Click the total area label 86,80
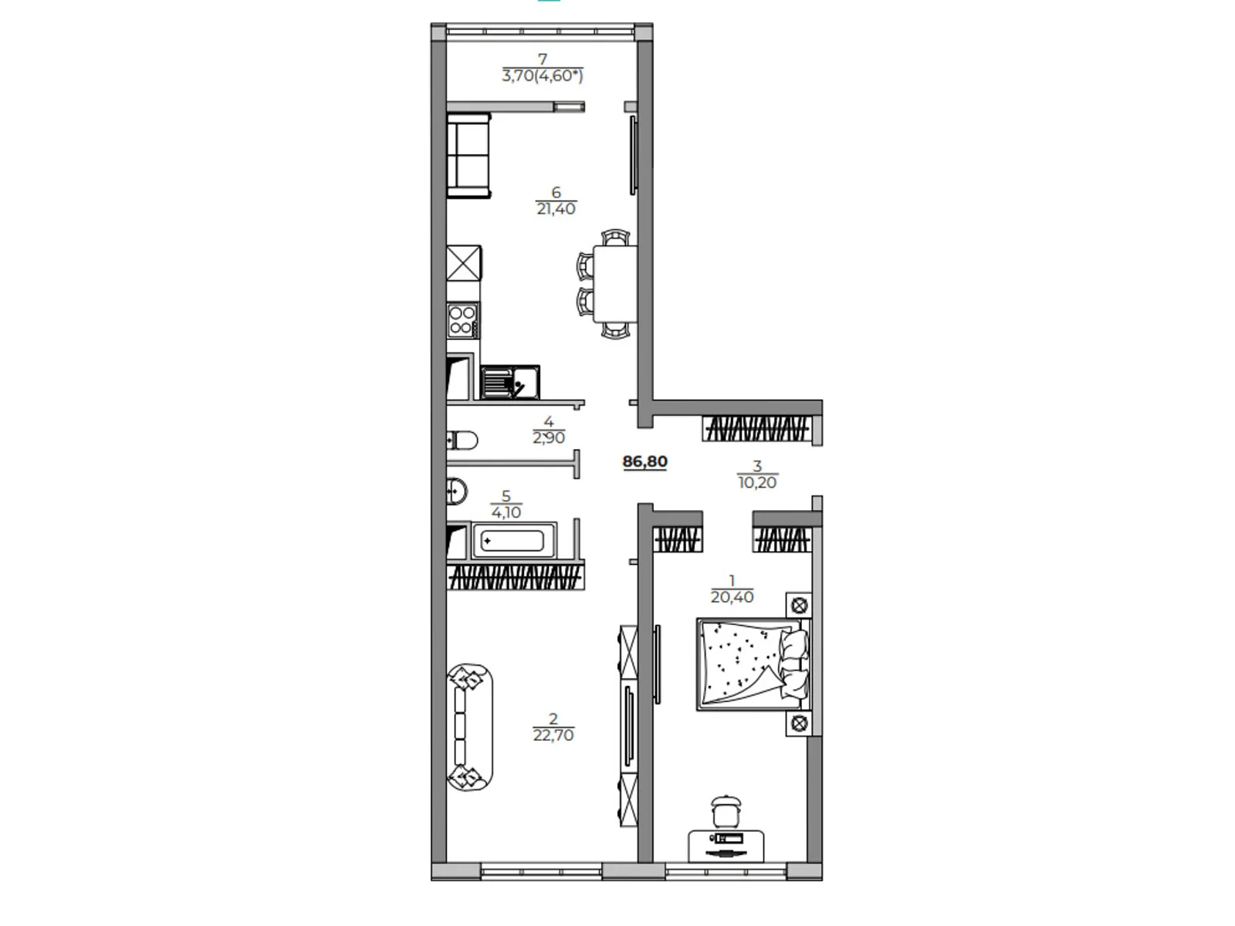coord(645,462)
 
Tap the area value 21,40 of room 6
coord(556,209)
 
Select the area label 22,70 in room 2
coord(553,735)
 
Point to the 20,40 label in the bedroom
coord(732,597)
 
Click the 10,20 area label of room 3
coord(757,483)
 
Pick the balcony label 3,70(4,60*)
coord(543,76)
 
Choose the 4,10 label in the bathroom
coord(506,512)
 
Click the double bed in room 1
coord(753,664)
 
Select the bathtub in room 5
coord(513,541)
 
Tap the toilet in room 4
coord(462,441)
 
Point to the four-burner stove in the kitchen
coord(462,320)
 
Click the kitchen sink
coord(509,382)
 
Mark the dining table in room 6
coord(614,283)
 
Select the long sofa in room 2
coord(470,726)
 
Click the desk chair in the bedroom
coord(726,813)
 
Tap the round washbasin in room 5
coord(456,490)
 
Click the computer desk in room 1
coord(726,846)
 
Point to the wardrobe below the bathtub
coord(514,577)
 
